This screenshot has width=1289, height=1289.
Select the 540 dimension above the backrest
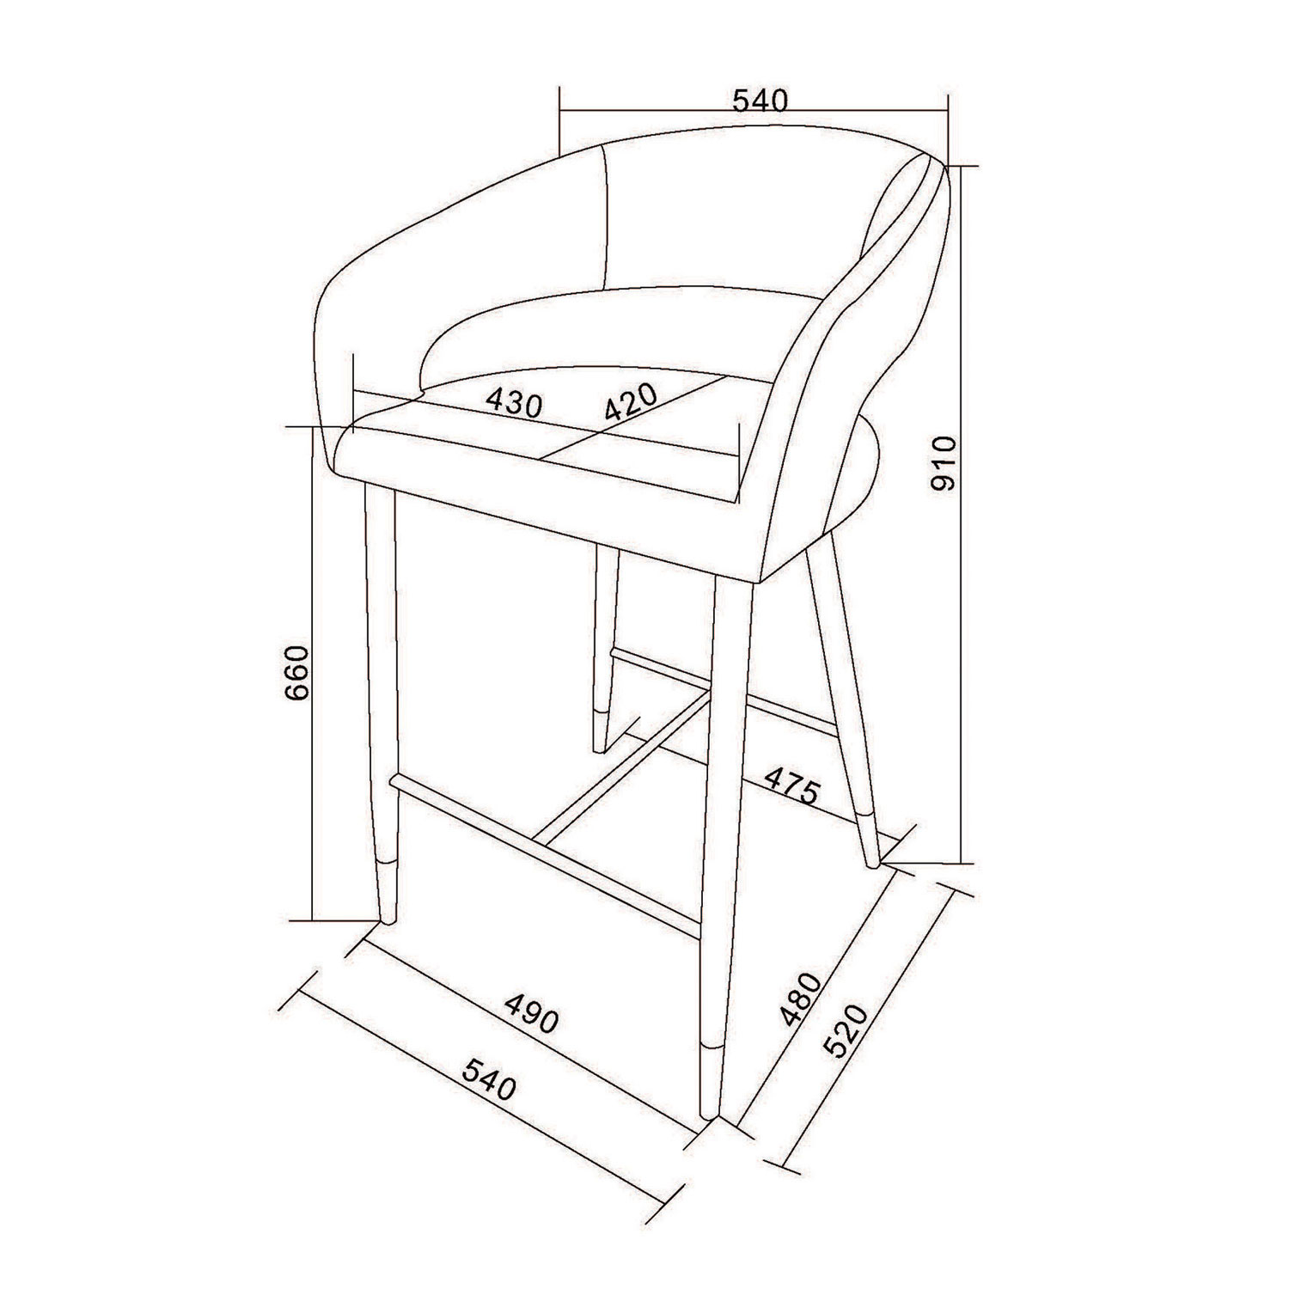pyautogui.click(x=760, y=101)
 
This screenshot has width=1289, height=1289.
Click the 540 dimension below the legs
pyautogui.click(x=489, y=1078)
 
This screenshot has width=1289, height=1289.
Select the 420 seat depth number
pyautogui.click(x=630, y=400)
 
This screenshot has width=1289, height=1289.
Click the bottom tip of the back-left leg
pyautogui.click(x=601, y=746)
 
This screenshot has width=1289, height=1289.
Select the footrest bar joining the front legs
pyautogui.click(x=550, y=851)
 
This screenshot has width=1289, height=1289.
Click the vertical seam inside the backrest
pyautogui.click(x=608, y=219)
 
